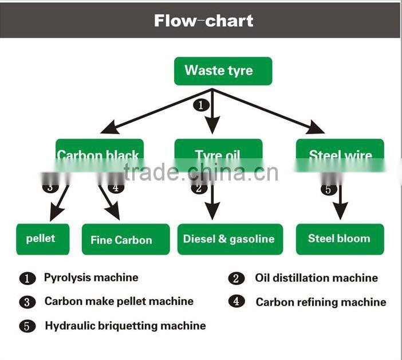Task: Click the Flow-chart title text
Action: [203, 21]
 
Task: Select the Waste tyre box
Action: [223, 71]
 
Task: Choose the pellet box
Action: [42, 238]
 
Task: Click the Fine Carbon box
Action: [126, 240]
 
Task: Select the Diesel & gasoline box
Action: [230, 239]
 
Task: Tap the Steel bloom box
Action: [340, 238]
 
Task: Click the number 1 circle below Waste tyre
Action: [200, 105]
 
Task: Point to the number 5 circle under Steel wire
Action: [328, 190]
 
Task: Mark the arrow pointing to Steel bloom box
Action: [341, 204]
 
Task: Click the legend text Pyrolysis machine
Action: [91, 277]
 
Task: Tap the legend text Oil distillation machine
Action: [316, 278]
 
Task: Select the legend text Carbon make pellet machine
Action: [119, 301]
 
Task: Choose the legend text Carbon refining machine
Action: [321, 302]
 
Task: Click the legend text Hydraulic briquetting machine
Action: [125, 326]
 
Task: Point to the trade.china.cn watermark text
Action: [200, 173]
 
